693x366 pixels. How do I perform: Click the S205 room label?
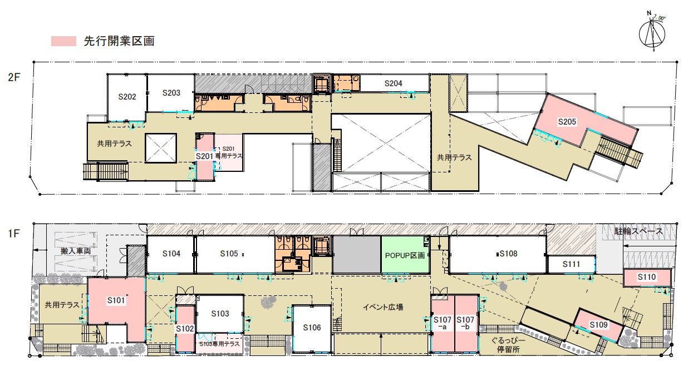tap(567, 122)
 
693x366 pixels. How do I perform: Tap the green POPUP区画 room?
tap(405, 255)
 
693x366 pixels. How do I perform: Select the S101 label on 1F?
tap(116, 300)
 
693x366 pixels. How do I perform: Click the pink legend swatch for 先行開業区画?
tap(63, 41)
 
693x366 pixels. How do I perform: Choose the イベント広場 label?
tap(383, 307)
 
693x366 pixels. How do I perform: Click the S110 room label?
tap(647, 277)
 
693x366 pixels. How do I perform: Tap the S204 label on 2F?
tap(393, 83)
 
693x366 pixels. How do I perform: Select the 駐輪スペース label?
tap(639, 231)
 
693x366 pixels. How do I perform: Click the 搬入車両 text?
tap(76, 251)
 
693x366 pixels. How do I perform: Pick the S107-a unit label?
tap(443, 323)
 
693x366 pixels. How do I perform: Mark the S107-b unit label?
tap(465, 323)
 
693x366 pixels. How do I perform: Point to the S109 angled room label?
tap(598, 325)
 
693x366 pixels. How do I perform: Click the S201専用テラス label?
tap(229, 152)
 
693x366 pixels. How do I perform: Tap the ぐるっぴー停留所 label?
tap(508, 345)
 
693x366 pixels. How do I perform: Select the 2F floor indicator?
tap(14, 77)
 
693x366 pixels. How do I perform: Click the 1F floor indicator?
tap(14, 234)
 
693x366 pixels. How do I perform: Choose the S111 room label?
tap(571, 264)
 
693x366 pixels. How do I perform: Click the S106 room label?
tap(312, 328)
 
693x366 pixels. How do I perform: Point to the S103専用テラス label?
tap(219, 344)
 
